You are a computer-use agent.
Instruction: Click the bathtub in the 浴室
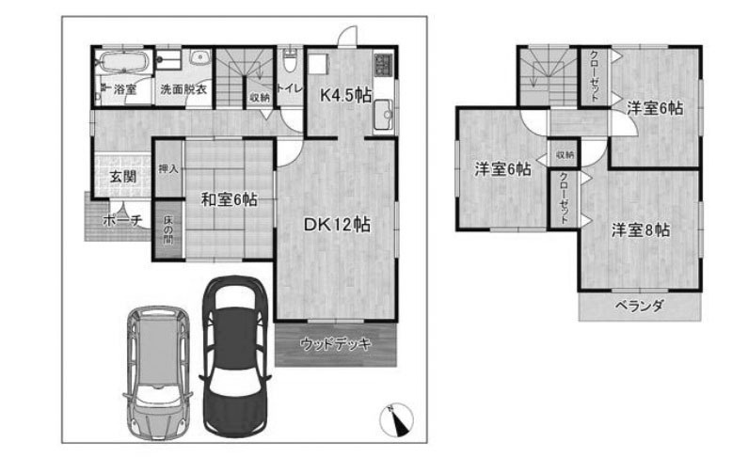123,61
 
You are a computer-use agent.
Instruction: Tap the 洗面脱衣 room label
183,89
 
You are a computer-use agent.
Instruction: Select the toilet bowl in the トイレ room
290,61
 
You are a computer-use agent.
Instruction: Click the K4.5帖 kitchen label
345,96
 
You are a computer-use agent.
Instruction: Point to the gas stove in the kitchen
384,65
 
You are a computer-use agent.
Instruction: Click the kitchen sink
384,116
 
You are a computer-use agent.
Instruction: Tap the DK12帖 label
337,225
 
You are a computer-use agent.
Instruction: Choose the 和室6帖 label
230,199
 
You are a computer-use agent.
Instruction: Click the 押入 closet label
167,168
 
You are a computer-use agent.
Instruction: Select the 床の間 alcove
167,231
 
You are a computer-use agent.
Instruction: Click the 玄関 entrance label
123,177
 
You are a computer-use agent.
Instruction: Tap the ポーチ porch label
122,220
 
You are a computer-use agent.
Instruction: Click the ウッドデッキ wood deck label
335,344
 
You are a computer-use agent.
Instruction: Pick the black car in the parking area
234,355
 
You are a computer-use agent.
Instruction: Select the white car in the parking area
157,372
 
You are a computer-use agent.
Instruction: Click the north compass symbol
396,419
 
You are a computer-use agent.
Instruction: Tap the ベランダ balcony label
639,306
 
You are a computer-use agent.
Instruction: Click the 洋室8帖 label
641,230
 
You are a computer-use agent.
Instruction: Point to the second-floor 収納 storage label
565,155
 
